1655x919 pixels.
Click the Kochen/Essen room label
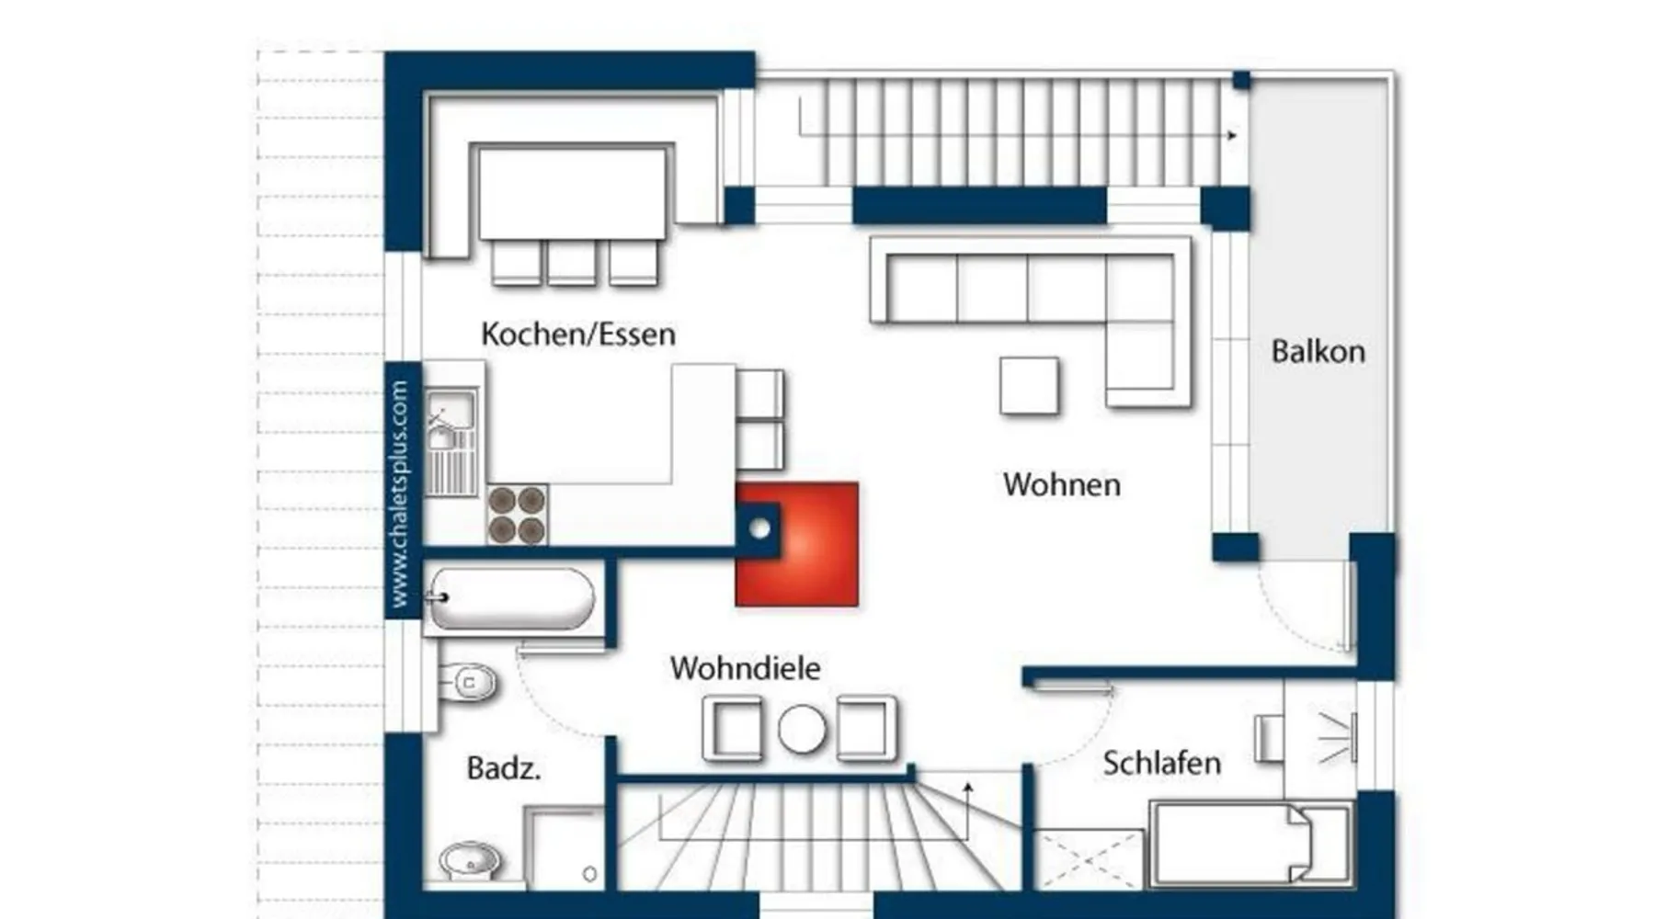point(578,334)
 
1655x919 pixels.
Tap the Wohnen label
point(1062,484)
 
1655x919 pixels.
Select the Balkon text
point(1318,351)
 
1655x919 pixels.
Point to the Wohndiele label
point(745,667)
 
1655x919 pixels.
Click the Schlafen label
point(1162,763)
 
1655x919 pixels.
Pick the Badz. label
point(504,768)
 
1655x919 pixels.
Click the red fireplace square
point(797,544)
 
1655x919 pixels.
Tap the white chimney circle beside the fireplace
point(759,528)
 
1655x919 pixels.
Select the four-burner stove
point(517,515)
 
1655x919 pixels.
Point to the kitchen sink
point(451,440)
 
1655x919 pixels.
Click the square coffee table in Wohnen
point(1029,386)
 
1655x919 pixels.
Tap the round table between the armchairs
point(802,730)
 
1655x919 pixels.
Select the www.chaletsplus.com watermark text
point(400,494)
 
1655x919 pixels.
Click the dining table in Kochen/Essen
point(572,191)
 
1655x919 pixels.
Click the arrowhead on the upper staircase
point(1232,135)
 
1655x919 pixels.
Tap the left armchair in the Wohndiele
point(732,730)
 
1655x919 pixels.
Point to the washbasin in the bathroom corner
point(470,862)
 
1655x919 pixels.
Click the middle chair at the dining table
point(572,262)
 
